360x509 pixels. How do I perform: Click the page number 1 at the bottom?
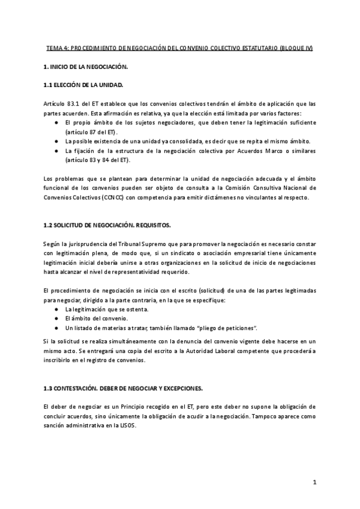tap(314, 482)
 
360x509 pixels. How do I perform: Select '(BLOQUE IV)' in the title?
tap(296, 47)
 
